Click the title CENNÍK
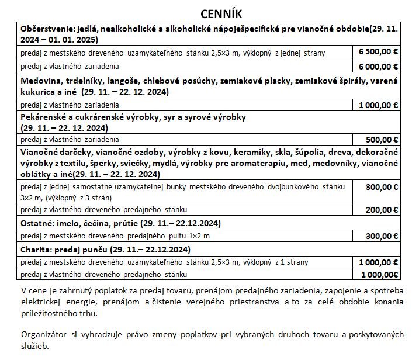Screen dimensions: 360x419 tap(210, 12)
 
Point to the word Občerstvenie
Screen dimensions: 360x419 tap(46, 29)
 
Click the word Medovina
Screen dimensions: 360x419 tap(40, 81)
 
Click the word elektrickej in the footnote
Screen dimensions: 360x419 tap(43, 302)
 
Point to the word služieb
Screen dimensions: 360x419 tap(34, 345)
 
